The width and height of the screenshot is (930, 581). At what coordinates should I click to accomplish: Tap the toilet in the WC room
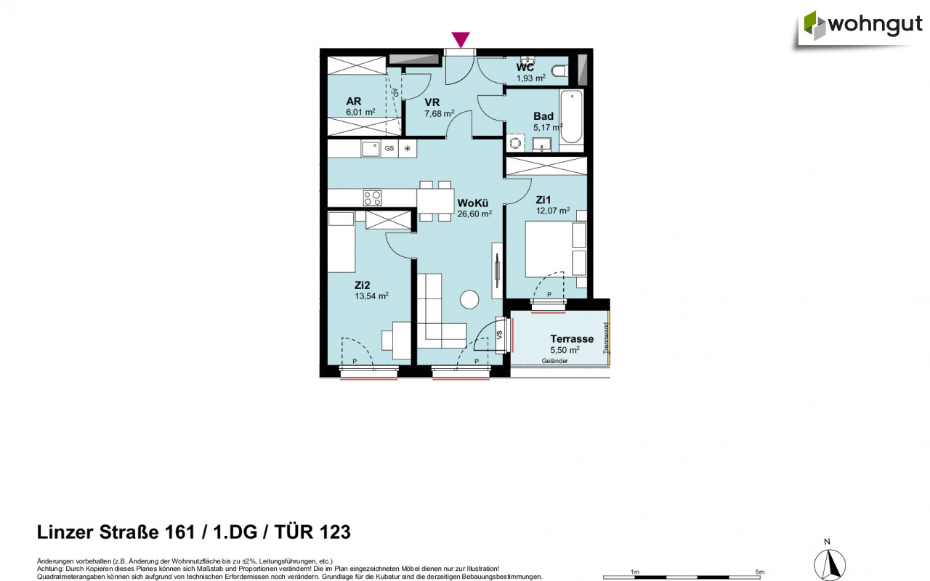coord(559,70)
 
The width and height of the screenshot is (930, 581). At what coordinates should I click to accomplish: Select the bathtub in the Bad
coord(571,117)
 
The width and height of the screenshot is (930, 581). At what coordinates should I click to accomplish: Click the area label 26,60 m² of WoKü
coord(474,214)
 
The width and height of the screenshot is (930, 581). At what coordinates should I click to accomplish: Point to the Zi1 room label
coord(544,199)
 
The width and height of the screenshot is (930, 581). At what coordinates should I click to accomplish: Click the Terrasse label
coord(572,338)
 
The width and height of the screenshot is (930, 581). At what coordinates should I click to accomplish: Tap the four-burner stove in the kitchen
coord(372,198)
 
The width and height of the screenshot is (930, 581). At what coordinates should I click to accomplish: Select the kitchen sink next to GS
coord(371,148)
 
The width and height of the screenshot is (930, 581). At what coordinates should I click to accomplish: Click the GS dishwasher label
coord(389,148)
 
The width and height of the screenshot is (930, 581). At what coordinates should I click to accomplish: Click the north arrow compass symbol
coord(828,562)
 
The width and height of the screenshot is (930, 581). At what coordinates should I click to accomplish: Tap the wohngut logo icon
coord(814,25)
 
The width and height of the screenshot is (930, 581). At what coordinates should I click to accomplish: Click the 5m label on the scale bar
coord(760,572)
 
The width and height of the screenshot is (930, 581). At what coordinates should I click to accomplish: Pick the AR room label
coord(354,101)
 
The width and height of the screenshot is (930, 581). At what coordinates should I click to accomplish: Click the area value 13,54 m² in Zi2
coord(372,296)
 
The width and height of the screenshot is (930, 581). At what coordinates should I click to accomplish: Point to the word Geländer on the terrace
coord(554,360)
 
